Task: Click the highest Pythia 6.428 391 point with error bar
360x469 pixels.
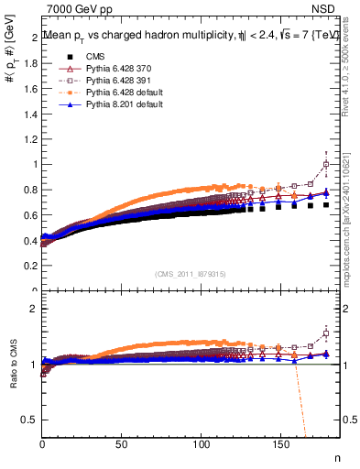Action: (326, 165)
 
